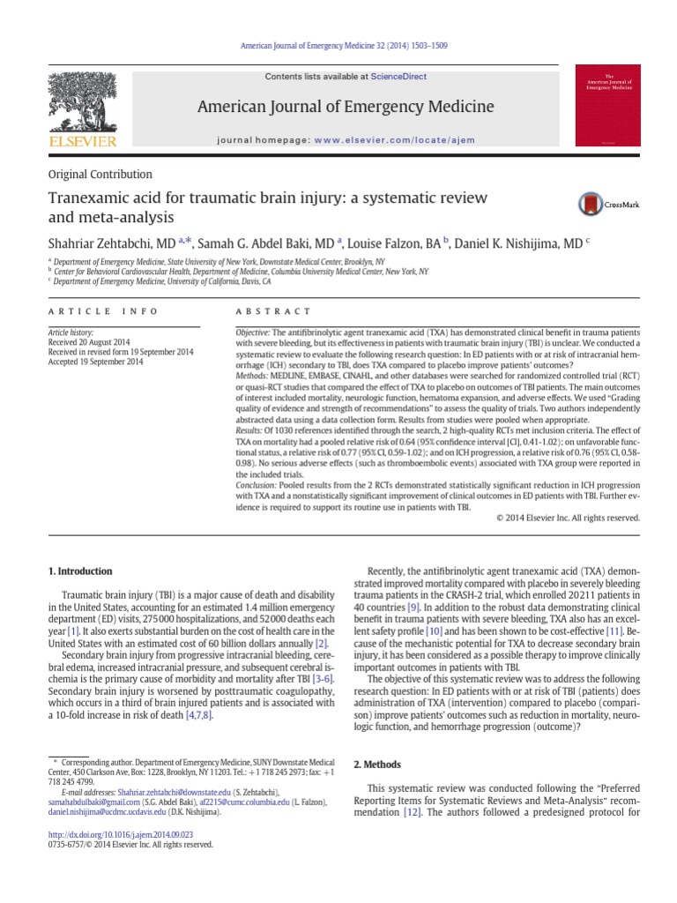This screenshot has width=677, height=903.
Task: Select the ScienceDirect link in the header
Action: (x=398, y=77)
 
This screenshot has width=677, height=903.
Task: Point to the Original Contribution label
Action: (x=100, y=175)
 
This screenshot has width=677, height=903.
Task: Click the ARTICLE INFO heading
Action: (x=103, y=311)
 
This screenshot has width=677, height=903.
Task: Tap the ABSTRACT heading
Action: (x=272, y=311)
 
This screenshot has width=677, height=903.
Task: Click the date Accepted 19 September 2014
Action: (x=96, y=362)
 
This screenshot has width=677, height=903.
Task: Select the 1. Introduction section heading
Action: (x=79, y=571)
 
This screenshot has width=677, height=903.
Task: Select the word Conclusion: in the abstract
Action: (x=257, y=486)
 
